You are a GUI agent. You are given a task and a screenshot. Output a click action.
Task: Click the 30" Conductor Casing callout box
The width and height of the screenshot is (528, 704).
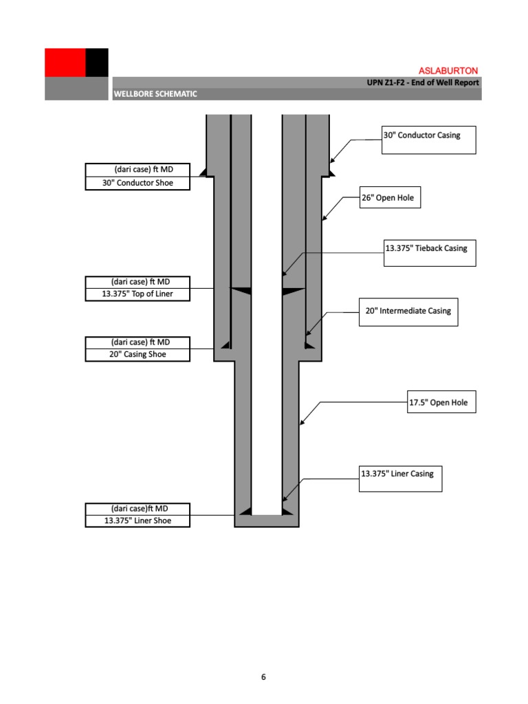pos(428,140)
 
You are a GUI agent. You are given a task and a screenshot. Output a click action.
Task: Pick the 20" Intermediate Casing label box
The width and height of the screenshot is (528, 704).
pos(408,311)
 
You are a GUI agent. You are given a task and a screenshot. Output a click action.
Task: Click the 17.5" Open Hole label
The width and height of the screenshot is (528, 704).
pos(441,402)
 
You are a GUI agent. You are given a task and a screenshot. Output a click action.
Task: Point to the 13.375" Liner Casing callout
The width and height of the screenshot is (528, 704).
pos(401,478)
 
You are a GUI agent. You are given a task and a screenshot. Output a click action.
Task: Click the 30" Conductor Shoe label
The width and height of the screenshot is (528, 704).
pos(137,184)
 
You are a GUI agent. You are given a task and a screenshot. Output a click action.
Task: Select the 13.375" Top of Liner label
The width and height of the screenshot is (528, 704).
pos(137,295)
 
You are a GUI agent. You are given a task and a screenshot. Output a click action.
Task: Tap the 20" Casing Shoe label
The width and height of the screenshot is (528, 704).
pos(137,355)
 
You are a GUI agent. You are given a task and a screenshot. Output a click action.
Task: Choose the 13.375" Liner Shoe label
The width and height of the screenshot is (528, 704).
pos(137,521)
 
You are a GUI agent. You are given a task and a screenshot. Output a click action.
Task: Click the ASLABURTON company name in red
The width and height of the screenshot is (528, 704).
pos(448,71)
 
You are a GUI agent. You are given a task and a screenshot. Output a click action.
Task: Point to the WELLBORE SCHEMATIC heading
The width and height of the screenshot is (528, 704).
pos(156,94)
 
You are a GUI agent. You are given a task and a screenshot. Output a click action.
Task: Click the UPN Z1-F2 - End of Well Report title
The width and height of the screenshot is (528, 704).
pos(423,82)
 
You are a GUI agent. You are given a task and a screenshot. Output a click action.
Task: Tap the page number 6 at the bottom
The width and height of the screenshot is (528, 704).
pos(263,677)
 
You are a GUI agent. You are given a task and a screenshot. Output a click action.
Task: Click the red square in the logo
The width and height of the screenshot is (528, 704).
pos(65,63)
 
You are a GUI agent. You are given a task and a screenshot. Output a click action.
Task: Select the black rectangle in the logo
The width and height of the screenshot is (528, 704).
pos(97,63)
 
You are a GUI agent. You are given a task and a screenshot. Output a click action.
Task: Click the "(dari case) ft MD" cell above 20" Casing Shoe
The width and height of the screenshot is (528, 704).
pos(137,342)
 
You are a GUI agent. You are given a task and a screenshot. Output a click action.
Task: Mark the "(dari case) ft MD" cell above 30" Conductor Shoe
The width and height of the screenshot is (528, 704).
pos(137,170)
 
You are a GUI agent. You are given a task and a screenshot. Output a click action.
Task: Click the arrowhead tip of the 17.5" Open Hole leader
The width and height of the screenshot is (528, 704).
pos(300,425)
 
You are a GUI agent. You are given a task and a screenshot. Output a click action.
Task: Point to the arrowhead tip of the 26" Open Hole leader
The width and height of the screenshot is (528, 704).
pos(322,221)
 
